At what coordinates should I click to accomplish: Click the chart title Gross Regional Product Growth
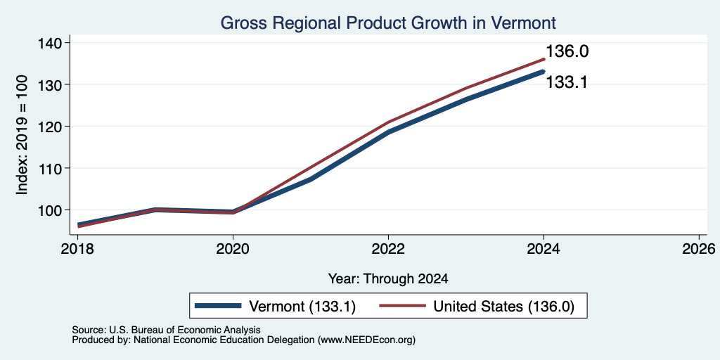pos(388,22)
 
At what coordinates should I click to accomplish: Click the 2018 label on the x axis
pos(77,249)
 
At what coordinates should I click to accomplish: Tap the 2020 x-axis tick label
pos(233,249)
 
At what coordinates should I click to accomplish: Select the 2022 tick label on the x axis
pos(388,249)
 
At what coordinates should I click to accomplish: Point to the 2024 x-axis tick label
pos(544,249)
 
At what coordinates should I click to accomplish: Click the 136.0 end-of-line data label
pos(567,51)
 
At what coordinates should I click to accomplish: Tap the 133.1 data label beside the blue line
pos(567,83)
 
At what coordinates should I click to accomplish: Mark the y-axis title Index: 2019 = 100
pos(22,135)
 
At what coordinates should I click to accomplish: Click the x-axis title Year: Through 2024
pos(388,278)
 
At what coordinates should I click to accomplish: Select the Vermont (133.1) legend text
pos(302,307)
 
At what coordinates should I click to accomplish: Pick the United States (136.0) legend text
pos(503,307)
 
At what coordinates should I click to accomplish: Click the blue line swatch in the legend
pos(218,306)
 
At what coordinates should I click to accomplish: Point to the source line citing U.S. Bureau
pos(166,330)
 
